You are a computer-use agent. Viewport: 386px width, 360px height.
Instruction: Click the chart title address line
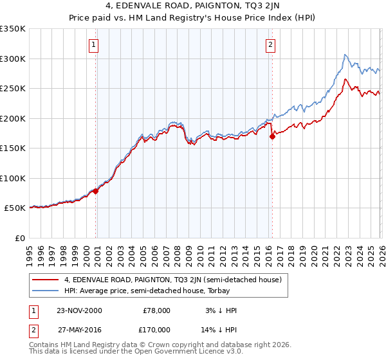[193, 7]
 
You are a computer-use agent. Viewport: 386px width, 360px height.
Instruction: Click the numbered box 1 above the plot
[94, 45]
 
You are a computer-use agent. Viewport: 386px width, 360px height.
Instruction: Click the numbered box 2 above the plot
[270, 45]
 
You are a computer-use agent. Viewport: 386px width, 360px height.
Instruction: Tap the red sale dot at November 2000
[96, 191]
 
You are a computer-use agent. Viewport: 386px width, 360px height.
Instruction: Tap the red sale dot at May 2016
[272, 136]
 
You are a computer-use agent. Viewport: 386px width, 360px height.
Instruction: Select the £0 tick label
[19, 238]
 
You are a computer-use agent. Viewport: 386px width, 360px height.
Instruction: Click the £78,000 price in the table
[157, 310]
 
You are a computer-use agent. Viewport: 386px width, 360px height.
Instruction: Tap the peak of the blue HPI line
[345, 55]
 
